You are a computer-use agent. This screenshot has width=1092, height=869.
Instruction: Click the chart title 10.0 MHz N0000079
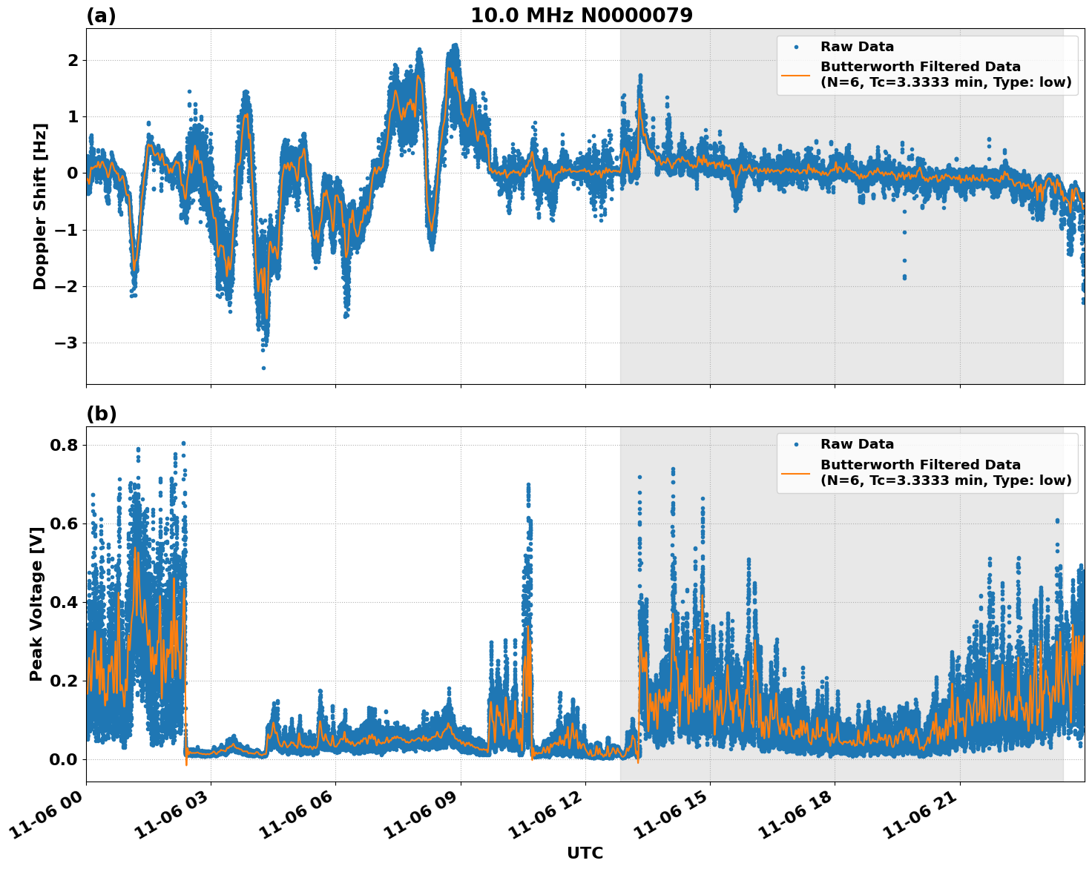pos(582,16)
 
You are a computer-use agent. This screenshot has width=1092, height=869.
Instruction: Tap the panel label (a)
pos(101,16)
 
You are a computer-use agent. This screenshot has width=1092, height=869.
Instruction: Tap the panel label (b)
pos(101,414)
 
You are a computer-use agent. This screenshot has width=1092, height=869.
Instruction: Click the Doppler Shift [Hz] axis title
pos(40,206)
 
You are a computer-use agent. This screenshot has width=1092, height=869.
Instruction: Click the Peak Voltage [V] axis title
pos(36,604)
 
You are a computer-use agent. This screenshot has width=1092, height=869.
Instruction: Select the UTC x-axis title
pos(585,853)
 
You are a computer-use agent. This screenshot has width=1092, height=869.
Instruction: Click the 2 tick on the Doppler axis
pos(73,60)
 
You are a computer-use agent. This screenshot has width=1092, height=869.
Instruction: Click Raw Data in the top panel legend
pos(857,47)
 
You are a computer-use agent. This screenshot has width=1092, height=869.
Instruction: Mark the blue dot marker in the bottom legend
pos(796,445)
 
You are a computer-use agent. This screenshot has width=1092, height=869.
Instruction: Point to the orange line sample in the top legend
pos(796,74)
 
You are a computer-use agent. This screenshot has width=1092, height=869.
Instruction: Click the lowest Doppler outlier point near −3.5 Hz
pos(263,368)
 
